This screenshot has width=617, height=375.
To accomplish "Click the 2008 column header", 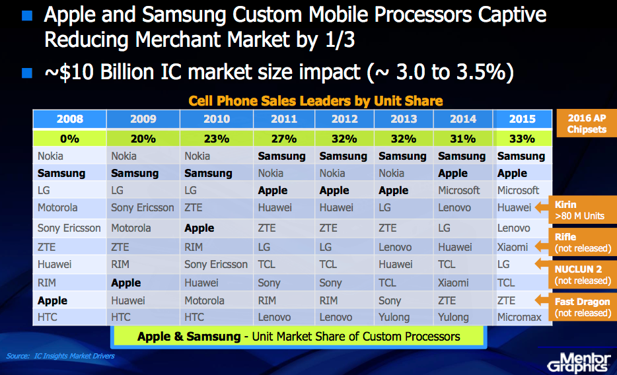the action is pyautogui.click(x=69, y=119).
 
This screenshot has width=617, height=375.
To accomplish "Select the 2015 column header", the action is pyautogui.click(x=522, y=119).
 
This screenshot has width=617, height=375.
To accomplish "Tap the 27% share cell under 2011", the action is pyautogui.click(x=284, y=139).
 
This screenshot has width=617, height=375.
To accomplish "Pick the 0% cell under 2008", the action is pyautogui.click(x=69, y=139).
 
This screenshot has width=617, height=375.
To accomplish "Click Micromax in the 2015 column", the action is pyautogui.click(x=519, y=317).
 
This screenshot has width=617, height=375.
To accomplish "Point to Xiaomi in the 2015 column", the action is pyautogui.click(x=513, y=247).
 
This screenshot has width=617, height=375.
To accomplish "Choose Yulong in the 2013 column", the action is pyautogui.click(x=394, y=317).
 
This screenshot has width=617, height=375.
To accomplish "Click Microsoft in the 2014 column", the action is pyautogui.click(x=459, y=190).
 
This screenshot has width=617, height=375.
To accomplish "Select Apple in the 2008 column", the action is pyautogui.click(x=52, y=300).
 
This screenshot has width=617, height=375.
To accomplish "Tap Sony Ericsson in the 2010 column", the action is pyautogui.click(x=216, y=264).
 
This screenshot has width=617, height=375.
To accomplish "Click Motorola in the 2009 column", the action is pyautogui.click(x=131, y=228).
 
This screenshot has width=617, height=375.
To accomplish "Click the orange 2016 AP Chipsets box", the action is pyautogui.click(x=587, y=123).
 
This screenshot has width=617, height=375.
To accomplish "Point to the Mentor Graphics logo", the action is pyautogui.click(x=579, y=362).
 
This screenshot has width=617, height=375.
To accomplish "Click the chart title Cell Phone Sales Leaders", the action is pyautogui.click(x=316, y=101).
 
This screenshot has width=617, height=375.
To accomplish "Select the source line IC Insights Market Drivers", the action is pyautogui.click(x=60, y=356).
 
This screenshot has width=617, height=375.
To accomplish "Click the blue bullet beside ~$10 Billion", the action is pyautogui.click(x=27, y=73).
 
